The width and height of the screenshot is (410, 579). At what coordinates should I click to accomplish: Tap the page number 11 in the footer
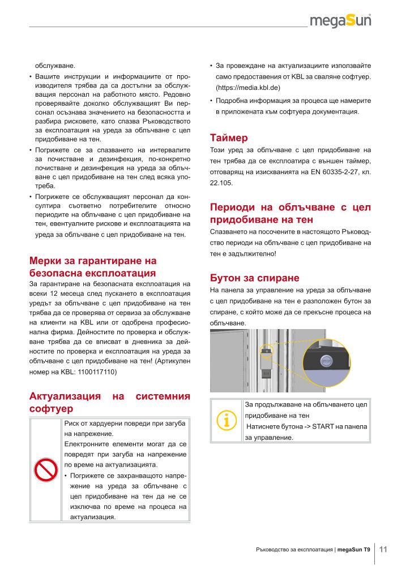(x=383, y=549)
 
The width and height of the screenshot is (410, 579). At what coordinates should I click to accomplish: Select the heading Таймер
(x=229, y=137)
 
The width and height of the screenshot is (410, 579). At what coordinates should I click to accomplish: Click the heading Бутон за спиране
(x=254, y=278)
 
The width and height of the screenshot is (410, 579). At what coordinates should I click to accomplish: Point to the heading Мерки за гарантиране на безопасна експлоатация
(x=92, y=266)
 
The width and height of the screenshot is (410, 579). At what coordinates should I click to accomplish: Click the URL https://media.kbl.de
(x=248, y=88)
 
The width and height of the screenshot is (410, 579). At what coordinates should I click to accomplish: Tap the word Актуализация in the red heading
(x=65, y=396)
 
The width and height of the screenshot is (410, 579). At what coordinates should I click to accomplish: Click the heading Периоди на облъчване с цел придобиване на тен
(x=290, y=213)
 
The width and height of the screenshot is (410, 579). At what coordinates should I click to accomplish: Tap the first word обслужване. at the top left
(x=55, y=64)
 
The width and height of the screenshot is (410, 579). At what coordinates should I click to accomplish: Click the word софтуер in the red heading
(x=51, y=408)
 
